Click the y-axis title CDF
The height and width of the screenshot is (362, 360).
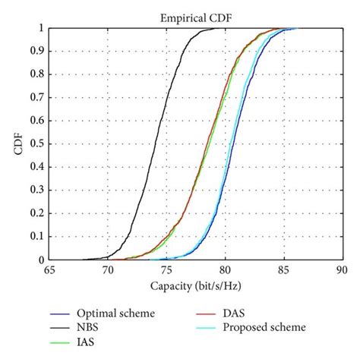(x=17, y=144)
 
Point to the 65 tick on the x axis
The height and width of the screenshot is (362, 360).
(x=49, y=269)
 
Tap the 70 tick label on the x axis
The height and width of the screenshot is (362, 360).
(x=108, y=269)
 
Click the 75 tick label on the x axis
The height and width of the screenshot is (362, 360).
(x=166, y=269)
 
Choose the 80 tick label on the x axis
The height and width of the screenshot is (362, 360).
(x=225, y=269)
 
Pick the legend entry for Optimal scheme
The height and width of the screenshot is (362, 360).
(x=113, y=313)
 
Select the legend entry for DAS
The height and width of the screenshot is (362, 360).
(x=232, y=313)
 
